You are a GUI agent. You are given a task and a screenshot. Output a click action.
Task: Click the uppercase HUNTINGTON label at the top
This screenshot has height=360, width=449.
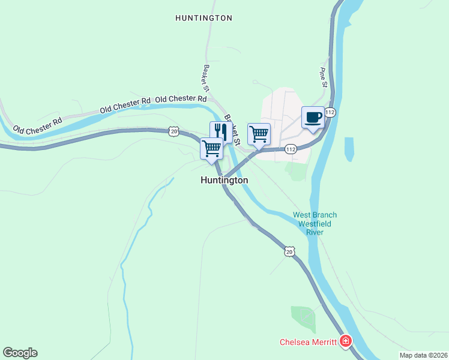[203, 18]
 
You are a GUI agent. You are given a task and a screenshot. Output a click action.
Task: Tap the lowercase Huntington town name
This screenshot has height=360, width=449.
[224, 180]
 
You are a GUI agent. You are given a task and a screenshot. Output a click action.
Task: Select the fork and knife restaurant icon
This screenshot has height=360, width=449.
[220, 131]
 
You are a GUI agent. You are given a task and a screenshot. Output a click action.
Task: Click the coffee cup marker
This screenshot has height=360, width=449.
[313, 118]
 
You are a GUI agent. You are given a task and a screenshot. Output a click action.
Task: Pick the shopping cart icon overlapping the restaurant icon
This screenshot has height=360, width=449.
[211, 148]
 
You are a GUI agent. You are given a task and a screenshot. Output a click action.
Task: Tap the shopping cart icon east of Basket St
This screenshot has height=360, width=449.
[259, 134]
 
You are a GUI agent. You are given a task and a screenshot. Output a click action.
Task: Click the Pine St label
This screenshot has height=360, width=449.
[322, 77]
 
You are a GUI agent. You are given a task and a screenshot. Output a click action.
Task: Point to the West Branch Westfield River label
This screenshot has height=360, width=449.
[315, 224]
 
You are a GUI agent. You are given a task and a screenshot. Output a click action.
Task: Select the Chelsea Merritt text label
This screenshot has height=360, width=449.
[308, 343]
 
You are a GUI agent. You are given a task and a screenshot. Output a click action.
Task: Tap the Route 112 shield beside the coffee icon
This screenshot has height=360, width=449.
[330, 112]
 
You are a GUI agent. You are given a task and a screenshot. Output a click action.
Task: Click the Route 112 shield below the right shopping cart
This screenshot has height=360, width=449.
[291, 149]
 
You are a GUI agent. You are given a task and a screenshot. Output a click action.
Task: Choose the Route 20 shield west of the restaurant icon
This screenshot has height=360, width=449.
[173, 130]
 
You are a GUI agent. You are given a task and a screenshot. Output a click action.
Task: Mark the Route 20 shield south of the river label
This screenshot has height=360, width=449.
[289, 253]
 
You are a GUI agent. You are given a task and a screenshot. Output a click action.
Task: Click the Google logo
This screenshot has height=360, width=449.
[20, 353]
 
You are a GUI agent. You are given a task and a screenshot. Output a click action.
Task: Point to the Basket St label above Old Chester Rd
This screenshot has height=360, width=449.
[206, 78]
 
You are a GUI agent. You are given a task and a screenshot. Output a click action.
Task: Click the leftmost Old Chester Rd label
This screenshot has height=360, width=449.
[37, 125]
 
